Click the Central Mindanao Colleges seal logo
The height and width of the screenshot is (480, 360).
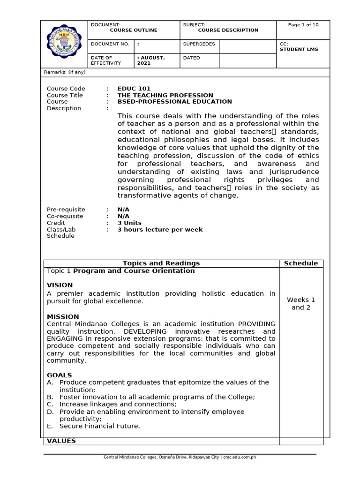click(x=65, y=44)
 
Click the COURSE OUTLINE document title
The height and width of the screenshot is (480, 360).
click(x=133, y=30)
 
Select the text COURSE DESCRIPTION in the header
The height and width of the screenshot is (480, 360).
click(x=228, y=30)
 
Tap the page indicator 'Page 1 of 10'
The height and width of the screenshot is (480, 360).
click(x=303, y=25)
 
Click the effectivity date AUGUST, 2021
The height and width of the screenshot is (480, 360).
click(x=151, y=60)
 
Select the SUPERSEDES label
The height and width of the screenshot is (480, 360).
click(x=199, y=44)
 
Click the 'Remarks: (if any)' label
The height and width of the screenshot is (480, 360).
click(x=65, y=72)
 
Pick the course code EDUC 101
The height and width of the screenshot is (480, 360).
click(x=134, y=89)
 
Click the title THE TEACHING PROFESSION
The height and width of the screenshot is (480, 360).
click(x=165, y=95)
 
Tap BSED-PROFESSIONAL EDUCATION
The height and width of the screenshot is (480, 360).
click(x=174, y=102)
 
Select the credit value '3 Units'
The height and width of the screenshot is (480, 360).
click(x=129, y=223)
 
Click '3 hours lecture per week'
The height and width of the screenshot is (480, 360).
click(x=160, y=230)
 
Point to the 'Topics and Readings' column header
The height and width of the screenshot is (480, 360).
click(x=161, y=263)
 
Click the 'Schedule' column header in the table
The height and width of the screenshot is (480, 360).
click(x=300, y=263)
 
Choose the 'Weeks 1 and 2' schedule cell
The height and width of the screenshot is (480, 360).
click(x=300, y=304)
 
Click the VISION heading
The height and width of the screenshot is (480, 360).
click(x=60, y=285)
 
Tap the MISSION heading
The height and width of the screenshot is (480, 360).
click(x=63, y=317)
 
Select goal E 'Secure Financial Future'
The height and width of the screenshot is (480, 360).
click(x=99, y=426)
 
